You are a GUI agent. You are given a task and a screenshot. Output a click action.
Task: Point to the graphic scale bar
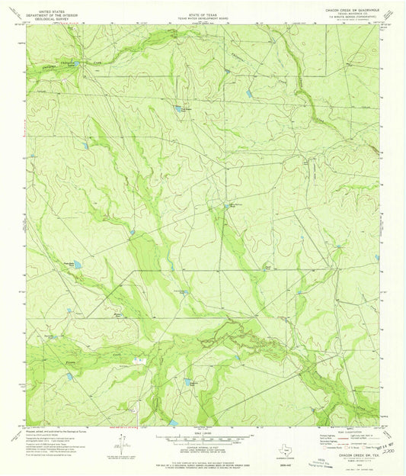point(203,440)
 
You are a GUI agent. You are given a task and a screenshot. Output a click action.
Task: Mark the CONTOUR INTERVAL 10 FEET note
point(203,451)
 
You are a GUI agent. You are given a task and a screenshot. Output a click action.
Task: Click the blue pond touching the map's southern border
point(174,422)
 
